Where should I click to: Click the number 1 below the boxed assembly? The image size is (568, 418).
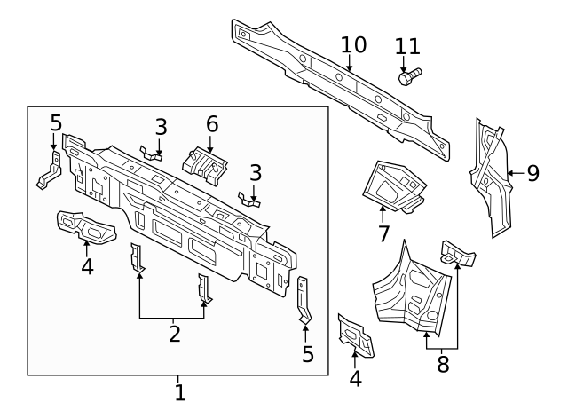(x=179, y=391)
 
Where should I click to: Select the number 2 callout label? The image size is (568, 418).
(x=175, y=334)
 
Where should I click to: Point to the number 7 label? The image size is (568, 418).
(x=383, y=234)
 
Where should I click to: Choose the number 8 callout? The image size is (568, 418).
(x=443, y=362)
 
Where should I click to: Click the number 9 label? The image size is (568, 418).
(x=532, y=173)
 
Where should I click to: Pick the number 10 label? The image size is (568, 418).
(x=352, y=44)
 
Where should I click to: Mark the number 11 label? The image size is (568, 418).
(x=407, y=46)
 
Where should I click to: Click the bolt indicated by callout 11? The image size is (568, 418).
(x=409, y=77)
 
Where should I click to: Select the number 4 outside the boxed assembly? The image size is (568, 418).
(x=355, y=378)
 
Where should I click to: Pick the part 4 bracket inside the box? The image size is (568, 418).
(x=86, y=226)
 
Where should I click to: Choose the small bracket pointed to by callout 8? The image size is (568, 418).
(x=457, y=252)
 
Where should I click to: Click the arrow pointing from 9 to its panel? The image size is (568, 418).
(x=513, y=173)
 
